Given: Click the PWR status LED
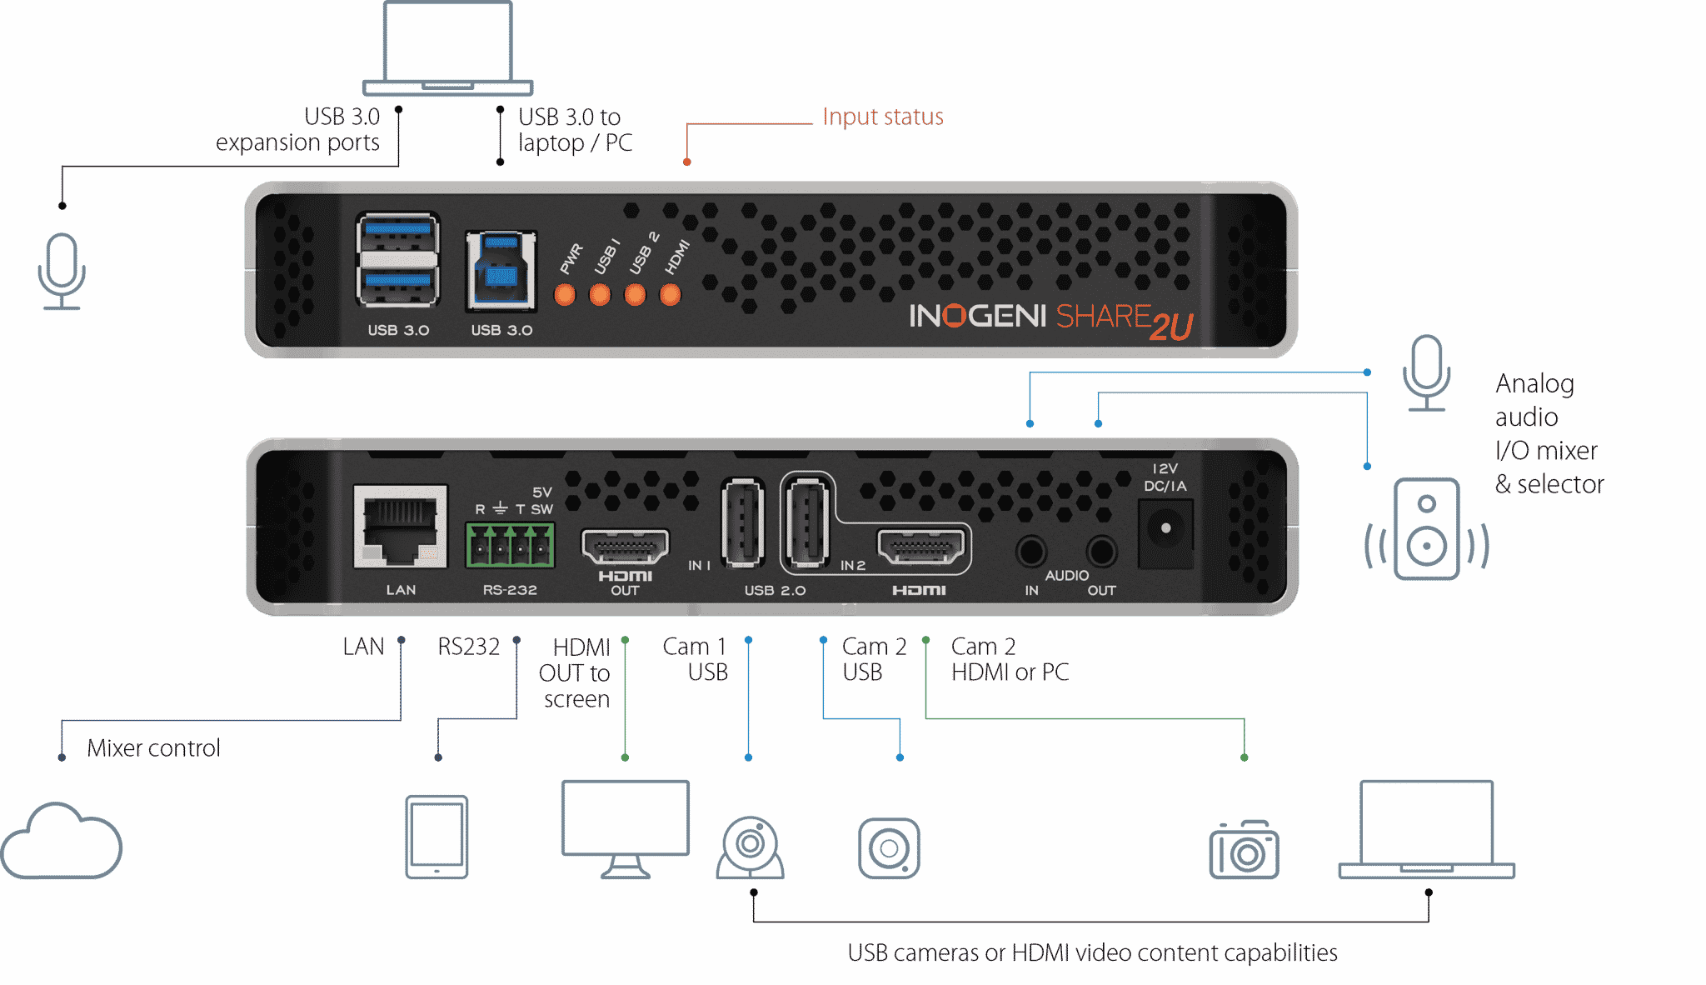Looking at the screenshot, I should [x=565, y=295].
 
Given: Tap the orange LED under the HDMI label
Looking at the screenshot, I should [x=671, y=295].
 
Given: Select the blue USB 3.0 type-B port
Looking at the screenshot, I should [x=501, y=272].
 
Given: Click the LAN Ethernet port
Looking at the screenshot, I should [x=400, y=527].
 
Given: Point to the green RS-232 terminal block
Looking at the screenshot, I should [x=510, y=545].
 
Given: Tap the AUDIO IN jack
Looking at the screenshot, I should [x=1031, y=551].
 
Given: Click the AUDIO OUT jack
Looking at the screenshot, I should [x=1101, y=551].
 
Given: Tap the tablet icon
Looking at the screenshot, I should [x=436, y=837].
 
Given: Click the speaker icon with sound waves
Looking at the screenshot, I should [x=1426, y=530].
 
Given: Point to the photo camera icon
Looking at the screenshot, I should [x=1244, y=850].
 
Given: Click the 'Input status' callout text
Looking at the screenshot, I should [x=882, y=117].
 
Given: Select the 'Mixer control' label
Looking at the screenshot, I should [x=153, y=747].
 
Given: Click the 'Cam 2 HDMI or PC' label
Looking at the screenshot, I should [x=1010, y=659].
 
